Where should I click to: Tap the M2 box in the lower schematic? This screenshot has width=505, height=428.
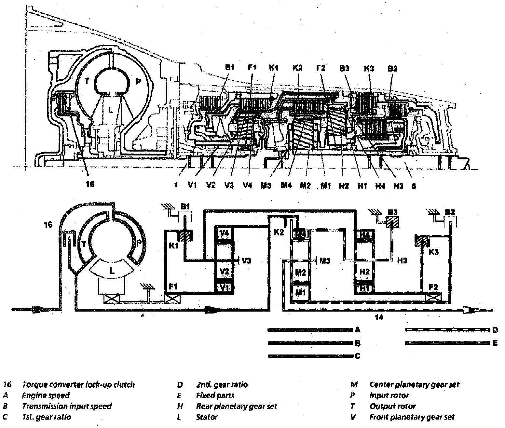pos(300,272)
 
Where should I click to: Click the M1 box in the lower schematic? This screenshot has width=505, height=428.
pos(300,292)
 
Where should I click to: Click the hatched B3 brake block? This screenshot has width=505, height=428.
pos(392,224)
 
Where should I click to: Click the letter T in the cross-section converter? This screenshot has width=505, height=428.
pos(87,81)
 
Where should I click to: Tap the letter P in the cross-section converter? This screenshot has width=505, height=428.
pos(138,81)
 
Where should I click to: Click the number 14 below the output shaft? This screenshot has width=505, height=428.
pos(379,317)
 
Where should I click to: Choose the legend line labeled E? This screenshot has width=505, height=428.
pos(447,343)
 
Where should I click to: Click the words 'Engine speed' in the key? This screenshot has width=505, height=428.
pos(46,396)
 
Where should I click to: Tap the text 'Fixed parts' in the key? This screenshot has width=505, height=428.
pos(215,396)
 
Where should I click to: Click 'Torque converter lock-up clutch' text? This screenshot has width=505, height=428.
pos(78,385)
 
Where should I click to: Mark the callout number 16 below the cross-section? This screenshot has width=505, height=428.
pos(90,184)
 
